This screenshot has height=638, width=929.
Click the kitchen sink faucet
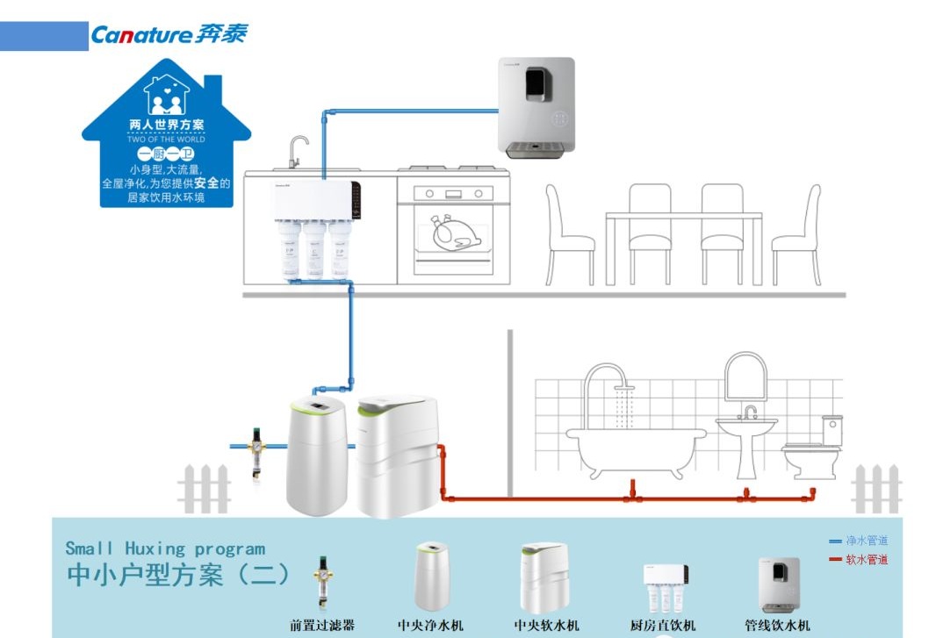(x=298, y=150)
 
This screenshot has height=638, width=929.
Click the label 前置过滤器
(x=322, y=626)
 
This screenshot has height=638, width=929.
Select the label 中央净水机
(x=430, y=626)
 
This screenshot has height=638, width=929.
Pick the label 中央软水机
(x=546, y=626)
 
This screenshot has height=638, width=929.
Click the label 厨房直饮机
(x=663, y=626)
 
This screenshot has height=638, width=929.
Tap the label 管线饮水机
(x=777, y=626)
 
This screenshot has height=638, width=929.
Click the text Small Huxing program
(x=165, y=548)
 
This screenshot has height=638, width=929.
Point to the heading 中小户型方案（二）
(x=179, y=575)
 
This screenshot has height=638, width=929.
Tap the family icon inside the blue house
(x=166, y=96)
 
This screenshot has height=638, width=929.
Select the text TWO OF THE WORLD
(x=166, y=139)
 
